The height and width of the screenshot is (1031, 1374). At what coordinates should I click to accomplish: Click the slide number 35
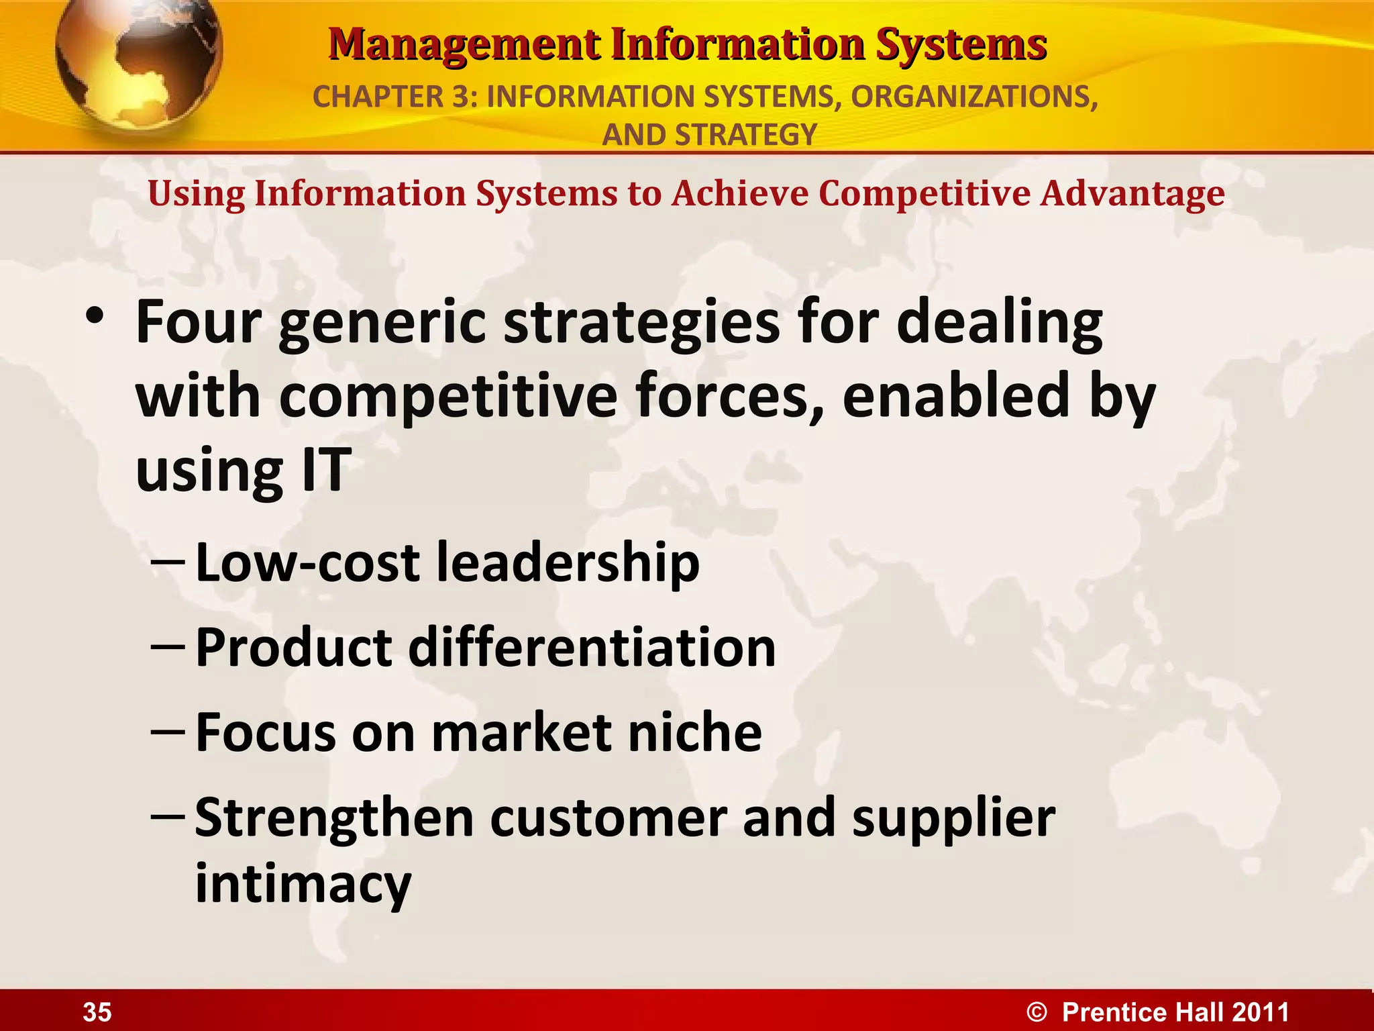[97, 1012]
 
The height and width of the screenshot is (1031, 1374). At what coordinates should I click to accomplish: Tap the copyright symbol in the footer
[1037, 1012]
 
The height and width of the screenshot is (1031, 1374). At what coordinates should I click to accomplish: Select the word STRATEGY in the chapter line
[746, 135]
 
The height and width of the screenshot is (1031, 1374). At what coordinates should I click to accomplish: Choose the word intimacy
[303, 885]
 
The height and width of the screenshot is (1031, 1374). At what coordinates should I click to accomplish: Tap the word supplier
[953, 819]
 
